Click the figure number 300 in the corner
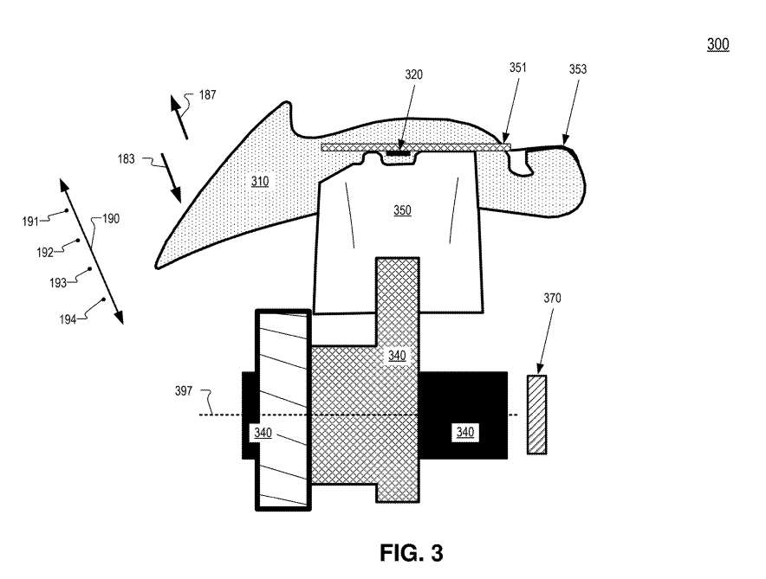[x=717, y=44]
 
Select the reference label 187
[x=207, y=95]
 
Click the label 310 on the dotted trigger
[x=260, y=182]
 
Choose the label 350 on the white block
[x=402, y=209]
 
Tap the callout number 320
[x=414, y=75]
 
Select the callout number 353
[x=578, y=69]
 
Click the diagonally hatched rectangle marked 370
[x=536, y=415]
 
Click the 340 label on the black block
[x=464, y=431]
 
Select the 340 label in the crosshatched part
[x=397, y=355]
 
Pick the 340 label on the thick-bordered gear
[x=263, y=432]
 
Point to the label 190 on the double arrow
[x=111, y=219]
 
